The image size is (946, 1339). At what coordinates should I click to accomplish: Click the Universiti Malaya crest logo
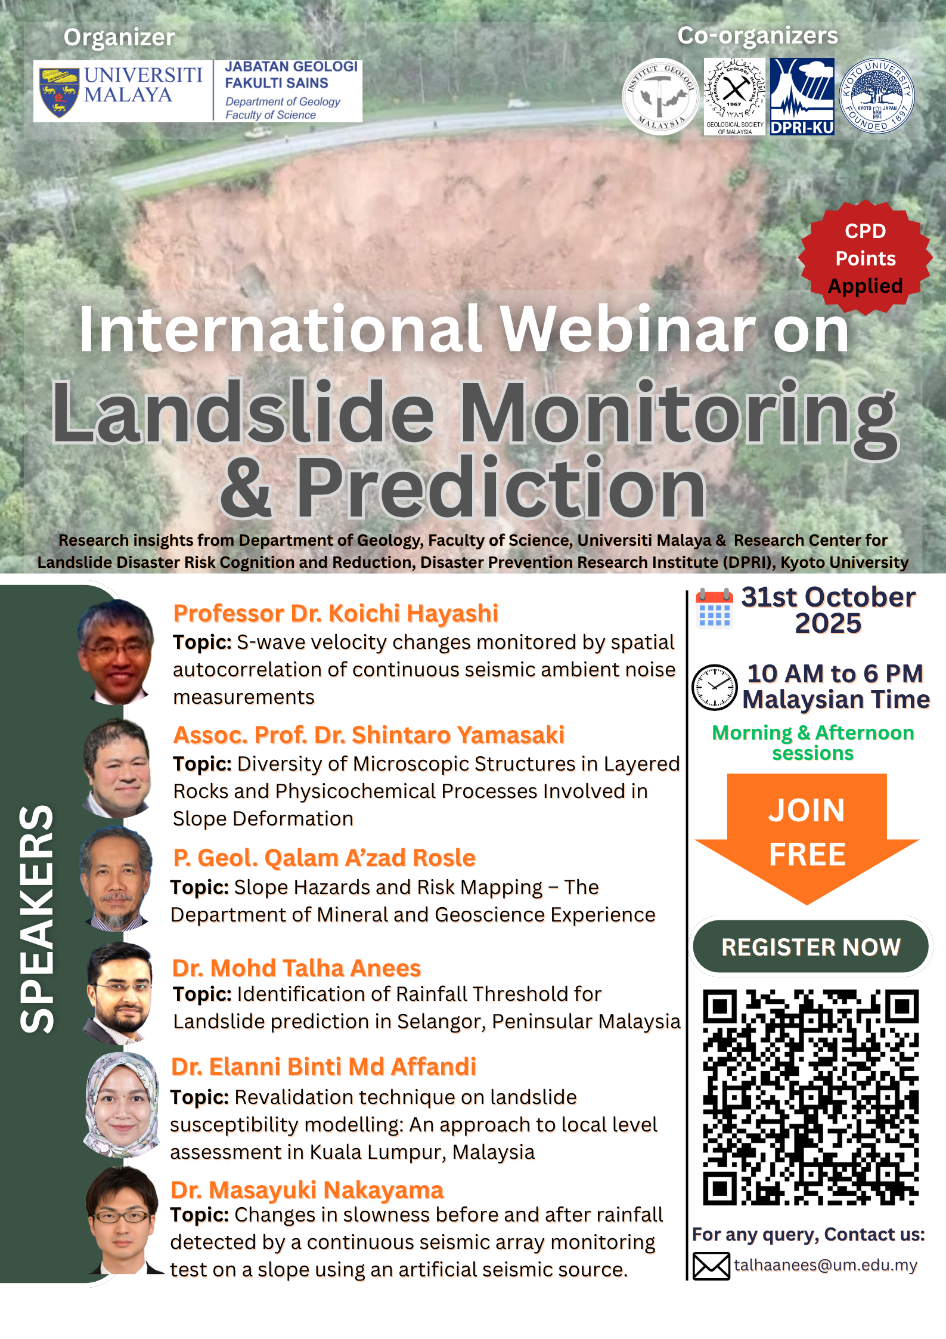[x=59, y=92]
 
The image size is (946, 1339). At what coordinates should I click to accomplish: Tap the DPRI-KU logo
[x=802, y=97]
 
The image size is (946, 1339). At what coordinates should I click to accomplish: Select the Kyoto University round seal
[x=877, y=96]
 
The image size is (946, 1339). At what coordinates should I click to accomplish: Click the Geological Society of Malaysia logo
[x=734, y=97]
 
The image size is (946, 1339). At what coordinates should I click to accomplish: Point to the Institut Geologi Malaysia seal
[x=660, y=97]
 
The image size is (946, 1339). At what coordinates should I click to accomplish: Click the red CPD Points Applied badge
[x=865, y=258]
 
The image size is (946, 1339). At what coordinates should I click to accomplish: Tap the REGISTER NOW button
[x=811, y=947]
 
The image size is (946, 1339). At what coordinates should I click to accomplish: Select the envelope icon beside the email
[x=711, y=1266]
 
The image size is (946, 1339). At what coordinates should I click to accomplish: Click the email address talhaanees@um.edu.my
[x=826, y=1265]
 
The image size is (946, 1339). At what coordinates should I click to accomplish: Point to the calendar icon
[x=714, y=608]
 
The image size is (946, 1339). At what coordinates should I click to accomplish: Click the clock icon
[x=714, y=687]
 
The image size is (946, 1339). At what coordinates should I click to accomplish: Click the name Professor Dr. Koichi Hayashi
[x=336, y=613]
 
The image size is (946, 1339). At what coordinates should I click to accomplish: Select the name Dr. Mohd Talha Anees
[x=296, y=968]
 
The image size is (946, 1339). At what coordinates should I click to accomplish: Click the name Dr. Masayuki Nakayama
[x=307, y=1190]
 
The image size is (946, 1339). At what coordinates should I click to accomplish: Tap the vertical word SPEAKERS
[x=37, y=919]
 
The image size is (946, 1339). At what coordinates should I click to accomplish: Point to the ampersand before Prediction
[x=246, y=487]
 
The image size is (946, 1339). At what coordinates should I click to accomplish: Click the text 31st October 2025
[x=828, y=610]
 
